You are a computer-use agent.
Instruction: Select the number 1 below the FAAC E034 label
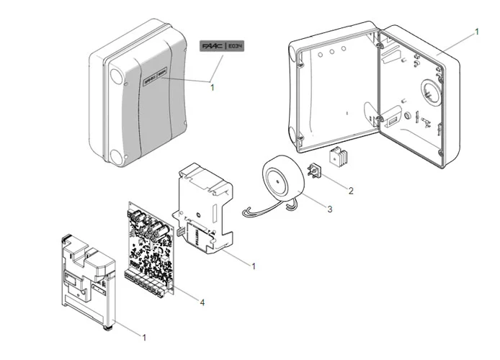[213, 87]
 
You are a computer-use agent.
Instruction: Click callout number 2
[350, 191]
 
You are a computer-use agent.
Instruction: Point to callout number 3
[329, 210]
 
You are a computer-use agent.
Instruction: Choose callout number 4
[202, 302]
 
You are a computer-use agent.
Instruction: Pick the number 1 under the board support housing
[253, 266]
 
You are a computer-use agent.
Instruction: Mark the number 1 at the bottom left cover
[144, 336]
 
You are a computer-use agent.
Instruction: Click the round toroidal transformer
[282, 178]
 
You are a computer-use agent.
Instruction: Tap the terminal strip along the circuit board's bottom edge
[151, 280]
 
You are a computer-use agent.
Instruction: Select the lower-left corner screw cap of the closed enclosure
[115, 153]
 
